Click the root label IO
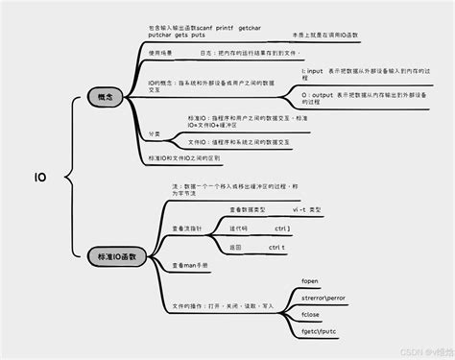point(41,178)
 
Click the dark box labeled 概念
point(106,98)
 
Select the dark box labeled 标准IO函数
point(117,256)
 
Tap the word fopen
point(310,281)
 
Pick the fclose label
point(311,314)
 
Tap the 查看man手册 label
point(189,265)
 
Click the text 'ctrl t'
point(276,247)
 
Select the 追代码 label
point(238,228)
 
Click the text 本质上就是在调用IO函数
point(324,35)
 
